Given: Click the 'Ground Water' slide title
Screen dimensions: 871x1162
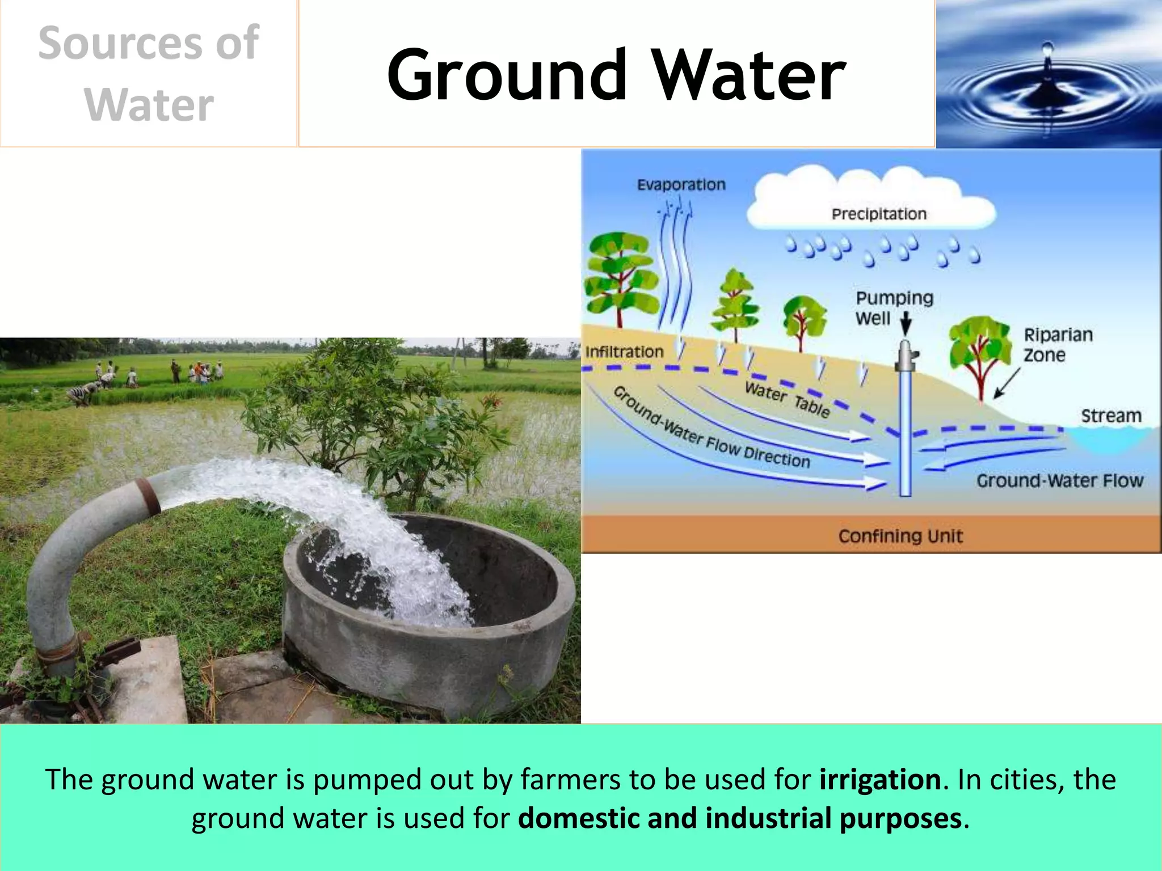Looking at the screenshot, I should (616, 75).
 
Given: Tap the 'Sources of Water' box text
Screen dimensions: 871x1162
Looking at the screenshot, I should (149, 74).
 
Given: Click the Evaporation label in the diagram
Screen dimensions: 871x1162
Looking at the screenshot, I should (681, 185).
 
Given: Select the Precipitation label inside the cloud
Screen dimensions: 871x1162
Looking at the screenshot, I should (879, 214).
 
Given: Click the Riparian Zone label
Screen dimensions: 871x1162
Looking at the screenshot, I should (1058, 345).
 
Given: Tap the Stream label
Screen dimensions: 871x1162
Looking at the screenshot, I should (1110, 416).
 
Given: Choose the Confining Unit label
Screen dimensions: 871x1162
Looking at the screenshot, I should (900, 536).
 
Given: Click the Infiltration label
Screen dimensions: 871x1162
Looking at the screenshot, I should (624, 352).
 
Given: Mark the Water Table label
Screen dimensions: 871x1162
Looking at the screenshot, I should (788, 399).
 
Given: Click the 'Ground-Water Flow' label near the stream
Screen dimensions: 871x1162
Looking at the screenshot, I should (1059, 481).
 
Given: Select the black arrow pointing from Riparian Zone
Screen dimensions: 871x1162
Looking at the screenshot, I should (1007, 383).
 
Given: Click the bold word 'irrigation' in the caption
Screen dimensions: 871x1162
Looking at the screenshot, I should (880, 779).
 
